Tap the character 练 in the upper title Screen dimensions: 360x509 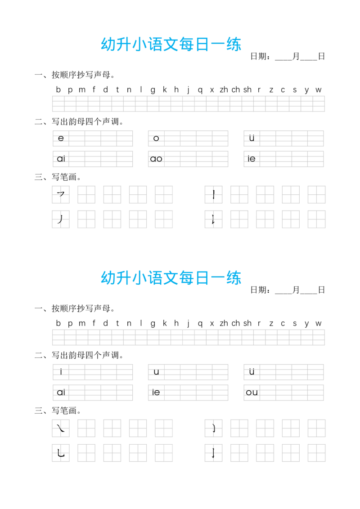233,45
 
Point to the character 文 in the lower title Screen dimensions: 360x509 171,279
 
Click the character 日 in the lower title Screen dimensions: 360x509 202,279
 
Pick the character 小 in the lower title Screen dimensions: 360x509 140,279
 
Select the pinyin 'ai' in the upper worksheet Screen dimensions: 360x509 61,158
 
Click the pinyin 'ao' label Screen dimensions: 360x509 156,158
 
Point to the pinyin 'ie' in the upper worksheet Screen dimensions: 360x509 252,158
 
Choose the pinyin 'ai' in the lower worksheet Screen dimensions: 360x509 61,392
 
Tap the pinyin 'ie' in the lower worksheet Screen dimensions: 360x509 156,392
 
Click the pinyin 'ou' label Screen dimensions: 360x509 252,392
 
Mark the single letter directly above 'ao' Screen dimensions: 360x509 156,138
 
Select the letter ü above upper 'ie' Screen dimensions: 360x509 252,138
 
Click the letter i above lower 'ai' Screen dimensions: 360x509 61,371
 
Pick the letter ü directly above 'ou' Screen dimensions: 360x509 252,371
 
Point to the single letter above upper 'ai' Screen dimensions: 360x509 61,138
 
